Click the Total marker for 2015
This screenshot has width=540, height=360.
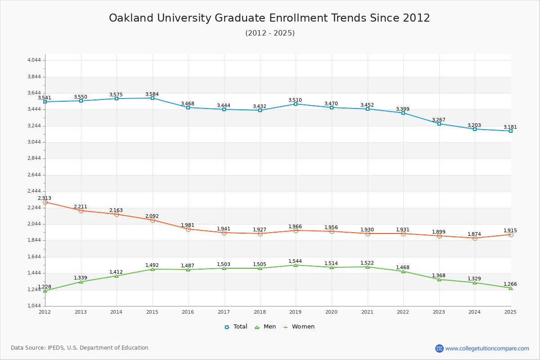153,98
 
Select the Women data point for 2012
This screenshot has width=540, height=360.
45,202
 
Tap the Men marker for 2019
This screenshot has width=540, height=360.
296,265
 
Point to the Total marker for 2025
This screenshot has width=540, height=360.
511,131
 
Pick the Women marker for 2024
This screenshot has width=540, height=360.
475,238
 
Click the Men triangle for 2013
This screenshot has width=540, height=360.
81,282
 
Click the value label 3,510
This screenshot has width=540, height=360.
295,100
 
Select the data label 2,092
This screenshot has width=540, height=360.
152,216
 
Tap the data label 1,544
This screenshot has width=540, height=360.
295,261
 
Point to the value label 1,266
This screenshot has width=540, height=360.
510,284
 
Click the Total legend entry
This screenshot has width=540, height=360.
236,327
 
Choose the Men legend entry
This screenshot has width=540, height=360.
265,327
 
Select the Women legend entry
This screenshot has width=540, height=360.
299,327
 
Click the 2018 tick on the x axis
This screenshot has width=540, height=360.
260,312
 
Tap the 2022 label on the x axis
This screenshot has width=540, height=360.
403,312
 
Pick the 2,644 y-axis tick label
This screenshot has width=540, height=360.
34,175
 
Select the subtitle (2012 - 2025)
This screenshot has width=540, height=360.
270,33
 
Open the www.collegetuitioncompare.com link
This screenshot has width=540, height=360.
487,348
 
